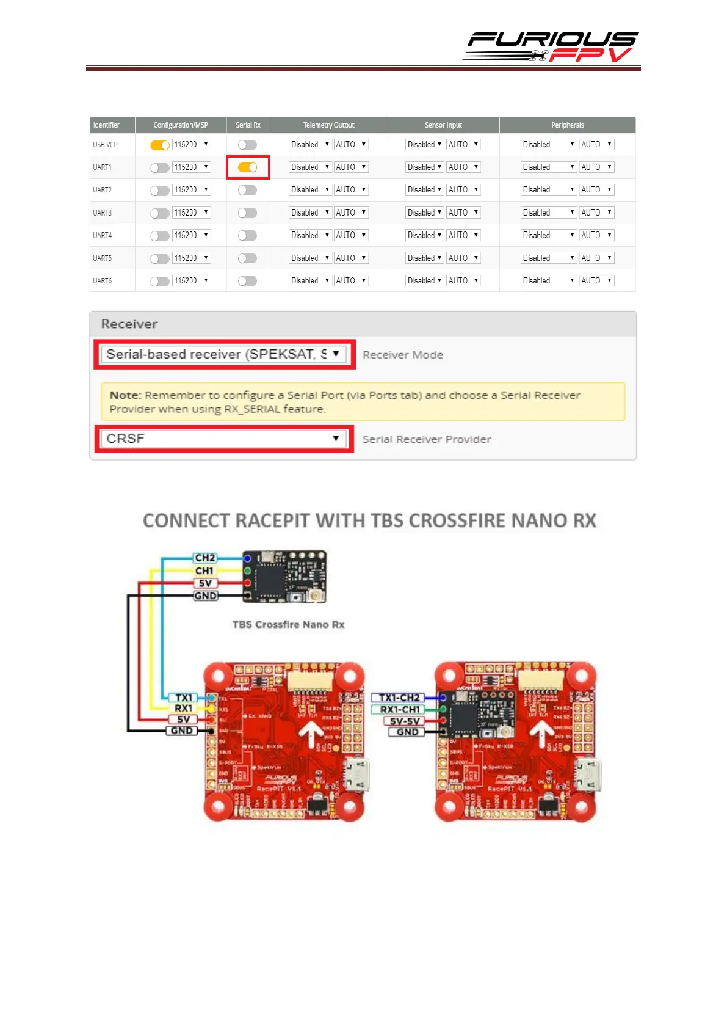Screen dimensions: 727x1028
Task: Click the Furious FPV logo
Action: tap(551, 47)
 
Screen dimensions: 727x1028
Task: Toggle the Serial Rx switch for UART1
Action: tap(247, 167)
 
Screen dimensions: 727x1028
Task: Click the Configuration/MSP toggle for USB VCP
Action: tap(160, 145)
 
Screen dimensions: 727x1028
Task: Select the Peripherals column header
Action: tap(567, 125)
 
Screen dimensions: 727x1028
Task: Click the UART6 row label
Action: tap(103, 281)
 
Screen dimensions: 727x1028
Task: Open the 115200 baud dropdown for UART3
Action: tap(191, 213)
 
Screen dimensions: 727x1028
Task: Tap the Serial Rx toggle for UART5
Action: tap(247, 258)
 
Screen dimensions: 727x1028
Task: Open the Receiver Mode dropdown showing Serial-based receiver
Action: tap(223, 354)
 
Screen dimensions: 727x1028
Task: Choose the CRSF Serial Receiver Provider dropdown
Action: tap(223, 439)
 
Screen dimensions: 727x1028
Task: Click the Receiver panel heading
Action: tap(129, 324)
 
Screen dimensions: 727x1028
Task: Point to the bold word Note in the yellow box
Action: tap(125, 395)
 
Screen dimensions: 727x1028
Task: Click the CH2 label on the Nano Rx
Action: tap(204, 558)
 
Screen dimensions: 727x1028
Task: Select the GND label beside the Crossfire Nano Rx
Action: tap(205, 596)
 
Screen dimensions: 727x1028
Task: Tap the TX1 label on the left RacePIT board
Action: tap(184, 698)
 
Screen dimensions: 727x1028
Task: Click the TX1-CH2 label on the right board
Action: tap(399, 698)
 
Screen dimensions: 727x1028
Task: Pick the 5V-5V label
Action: tap(405, 721)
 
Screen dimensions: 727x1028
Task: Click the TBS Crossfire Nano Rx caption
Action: tap(288, 624)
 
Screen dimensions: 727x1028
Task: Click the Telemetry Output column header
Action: tap(328, 125)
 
